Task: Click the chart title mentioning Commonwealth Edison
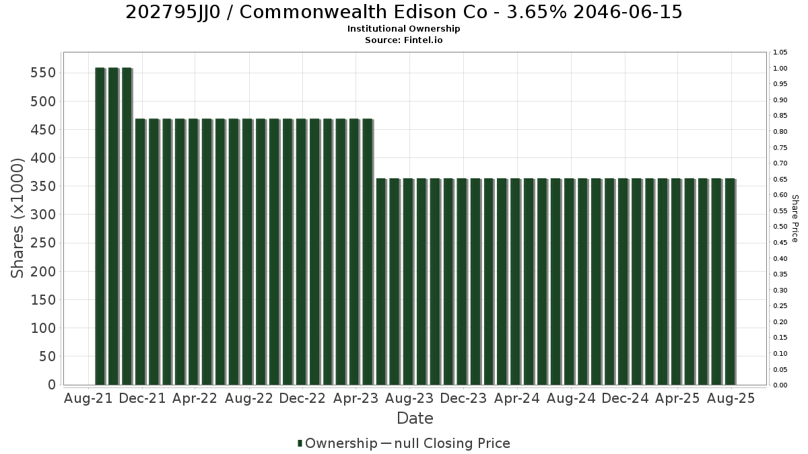[403, 12]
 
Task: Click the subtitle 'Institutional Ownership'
[403, 29]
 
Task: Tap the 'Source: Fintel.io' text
[403, 40]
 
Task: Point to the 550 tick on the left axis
[43, 73]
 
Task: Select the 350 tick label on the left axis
[43, 186]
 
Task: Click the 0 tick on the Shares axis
[52, 385]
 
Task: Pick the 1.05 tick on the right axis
[780, 52]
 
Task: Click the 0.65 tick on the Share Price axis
[780, 180]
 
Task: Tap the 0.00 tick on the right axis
[780, 385]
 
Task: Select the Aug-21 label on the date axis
[88, 398]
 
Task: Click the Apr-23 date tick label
[356, 398]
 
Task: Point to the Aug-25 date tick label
[731, 398]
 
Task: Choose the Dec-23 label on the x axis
[463, 398]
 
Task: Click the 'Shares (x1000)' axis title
[17, 219]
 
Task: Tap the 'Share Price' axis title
[795, 219]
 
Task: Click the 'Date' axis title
[415, 418]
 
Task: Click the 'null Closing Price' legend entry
[452, 443]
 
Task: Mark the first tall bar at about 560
[100, 226]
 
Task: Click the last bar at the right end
[730, 282]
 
